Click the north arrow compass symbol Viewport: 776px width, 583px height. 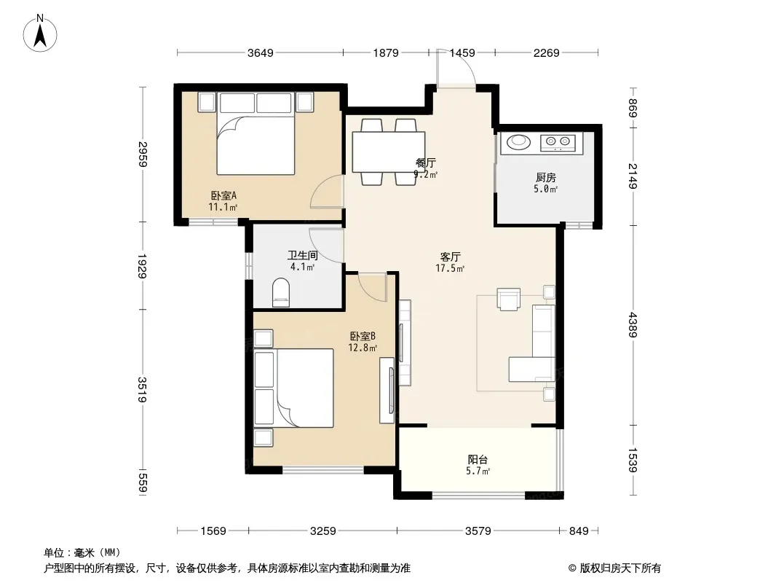click(40, 34)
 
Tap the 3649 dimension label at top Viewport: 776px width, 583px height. click(261, 52)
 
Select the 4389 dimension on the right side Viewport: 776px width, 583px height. click(633, 325)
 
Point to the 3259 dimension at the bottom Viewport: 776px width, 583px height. click(322, 531)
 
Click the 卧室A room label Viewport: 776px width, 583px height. click(223, 195)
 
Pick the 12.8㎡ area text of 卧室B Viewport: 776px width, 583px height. click(363, 348)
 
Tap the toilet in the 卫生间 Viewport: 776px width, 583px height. click(280, 293)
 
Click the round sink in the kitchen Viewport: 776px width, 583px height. click(518, 142)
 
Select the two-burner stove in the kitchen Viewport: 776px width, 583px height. click(558, 143)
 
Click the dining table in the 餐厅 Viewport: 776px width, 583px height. click(389, 152)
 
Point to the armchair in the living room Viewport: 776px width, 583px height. click(509, 300)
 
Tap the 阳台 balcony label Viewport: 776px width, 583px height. click(478, 460)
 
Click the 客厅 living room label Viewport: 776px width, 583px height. click(451, 257)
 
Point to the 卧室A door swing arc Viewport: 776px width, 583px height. click(327, 192)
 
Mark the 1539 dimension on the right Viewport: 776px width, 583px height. click(633, 460)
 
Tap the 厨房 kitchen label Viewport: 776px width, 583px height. click(546, 177)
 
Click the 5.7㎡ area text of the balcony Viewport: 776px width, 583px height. click(478, 471)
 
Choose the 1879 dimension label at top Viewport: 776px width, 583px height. click(386, 52)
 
